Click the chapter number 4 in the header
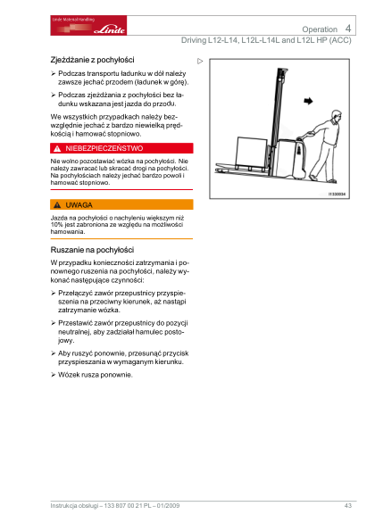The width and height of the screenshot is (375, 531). [348, 29]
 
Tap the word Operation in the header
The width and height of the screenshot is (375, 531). [320, 29]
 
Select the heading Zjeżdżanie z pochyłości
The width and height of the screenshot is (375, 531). [92, 60]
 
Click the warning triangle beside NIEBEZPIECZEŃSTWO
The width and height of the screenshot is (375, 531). [57, 149]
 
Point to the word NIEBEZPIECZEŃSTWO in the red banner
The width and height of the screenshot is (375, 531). [104, 148]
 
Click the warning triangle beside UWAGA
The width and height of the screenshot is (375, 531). [57, 205]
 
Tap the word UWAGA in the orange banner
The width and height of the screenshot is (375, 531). [79, 205]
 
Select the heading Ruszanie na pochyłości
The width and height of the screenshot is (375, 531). [92, 250]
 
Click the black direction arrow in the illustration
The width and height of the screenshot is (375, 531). [308, 101]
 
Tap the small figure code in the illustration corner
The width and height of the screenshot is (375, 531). [337, 194]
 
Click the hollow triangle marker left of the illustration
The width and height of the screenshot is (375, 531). [200, 62]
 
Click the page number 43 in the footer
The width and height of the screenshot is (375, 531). [348, 506]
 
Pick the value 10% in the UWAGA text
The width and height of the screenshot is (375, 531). [56, 225]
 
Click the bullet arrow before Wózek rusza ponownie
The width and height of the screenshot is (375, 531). [54, 375]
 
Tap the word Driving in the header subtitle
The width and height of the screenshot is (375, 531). [194, 40]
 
